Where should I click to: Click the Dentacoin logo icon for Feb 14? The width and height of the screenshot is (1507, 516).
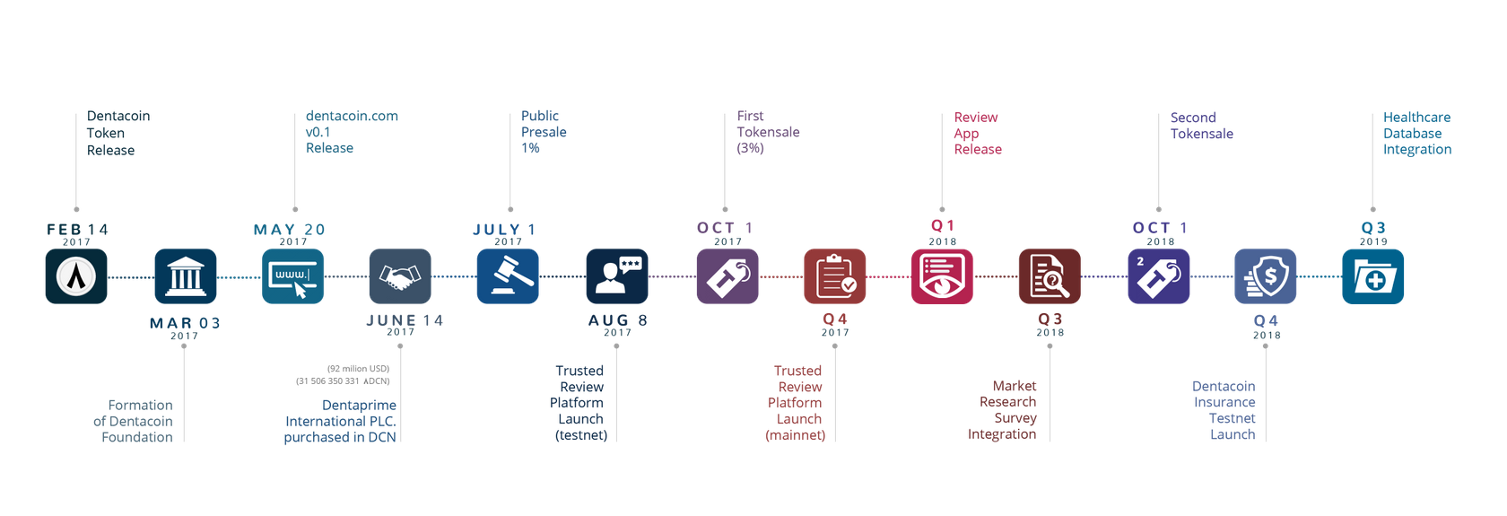(x=76, y=276)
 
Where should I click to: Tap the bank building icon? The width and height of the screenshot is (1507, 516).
(x=185, y=276)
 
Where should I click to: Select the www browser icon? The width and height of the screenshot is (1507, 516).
(x=292, y=276)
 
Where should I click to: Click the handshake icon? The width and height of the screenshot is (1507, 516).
(x=400, y=276)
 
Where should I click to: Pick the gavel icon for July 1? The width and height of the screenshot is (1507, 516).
(x=508, y=276)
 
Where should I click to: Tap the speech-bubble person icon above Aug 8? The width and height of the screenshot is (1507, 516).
(x=617, y=276)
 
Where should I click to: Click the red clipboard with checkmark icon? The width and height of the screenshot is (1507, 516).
(x=835, y=276)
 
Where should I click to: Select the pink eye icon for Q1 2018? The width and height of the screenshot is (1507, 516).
(x=942, y=276)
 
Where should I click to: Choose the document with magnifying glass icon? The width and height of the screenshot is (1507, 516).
(x=1050, y=276)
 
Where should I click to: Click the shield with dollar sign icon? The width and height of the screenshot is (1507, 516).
(x=1266, y=276)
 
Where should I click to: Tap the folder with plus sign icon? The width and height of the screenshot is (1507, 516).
(x=1373, y=276)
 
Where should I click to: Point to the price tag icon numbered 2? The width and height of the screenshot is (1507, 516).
(x=1159, y=276)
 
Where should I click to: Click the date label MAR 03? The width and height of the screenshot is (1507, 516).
(x=185, y=323)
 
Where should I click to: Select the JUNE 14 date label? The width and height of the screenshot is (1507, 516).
(x=405, y=320)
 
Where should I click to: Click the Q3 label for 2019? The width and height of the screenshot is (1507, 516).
(x=1373, y=227)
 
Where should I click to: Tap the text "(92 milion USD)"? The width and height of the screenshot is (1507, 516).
(x=359, y=369)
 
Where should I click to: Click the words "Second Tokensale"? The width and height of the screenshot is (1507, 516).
(x=1202, y=125)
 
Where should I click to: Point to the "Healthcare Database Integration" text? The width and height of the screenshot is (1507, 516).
(x=1417, y=133)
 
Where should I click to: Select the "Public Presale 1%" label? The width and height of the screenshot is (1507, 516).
(x=544, y=132)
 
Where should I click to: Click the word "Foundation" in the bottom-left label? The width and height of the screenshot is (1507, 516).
(x=137, y=437)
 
